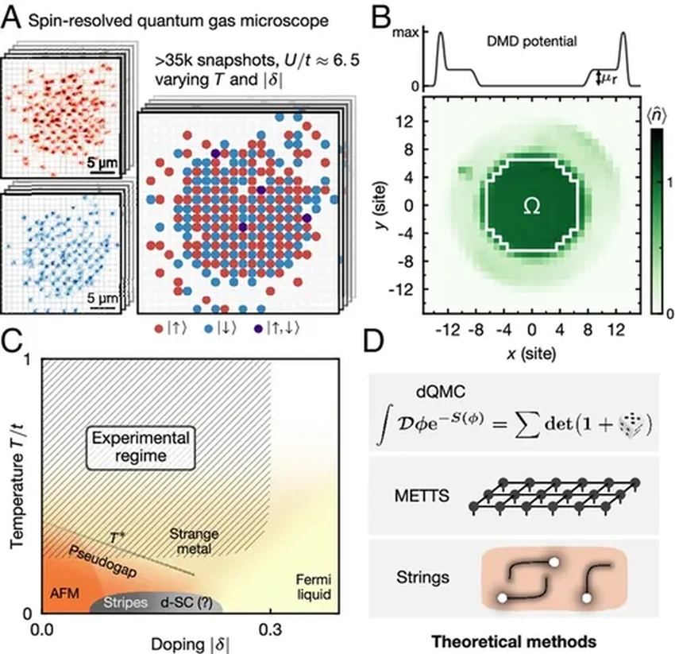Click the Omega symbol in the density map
532,206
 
